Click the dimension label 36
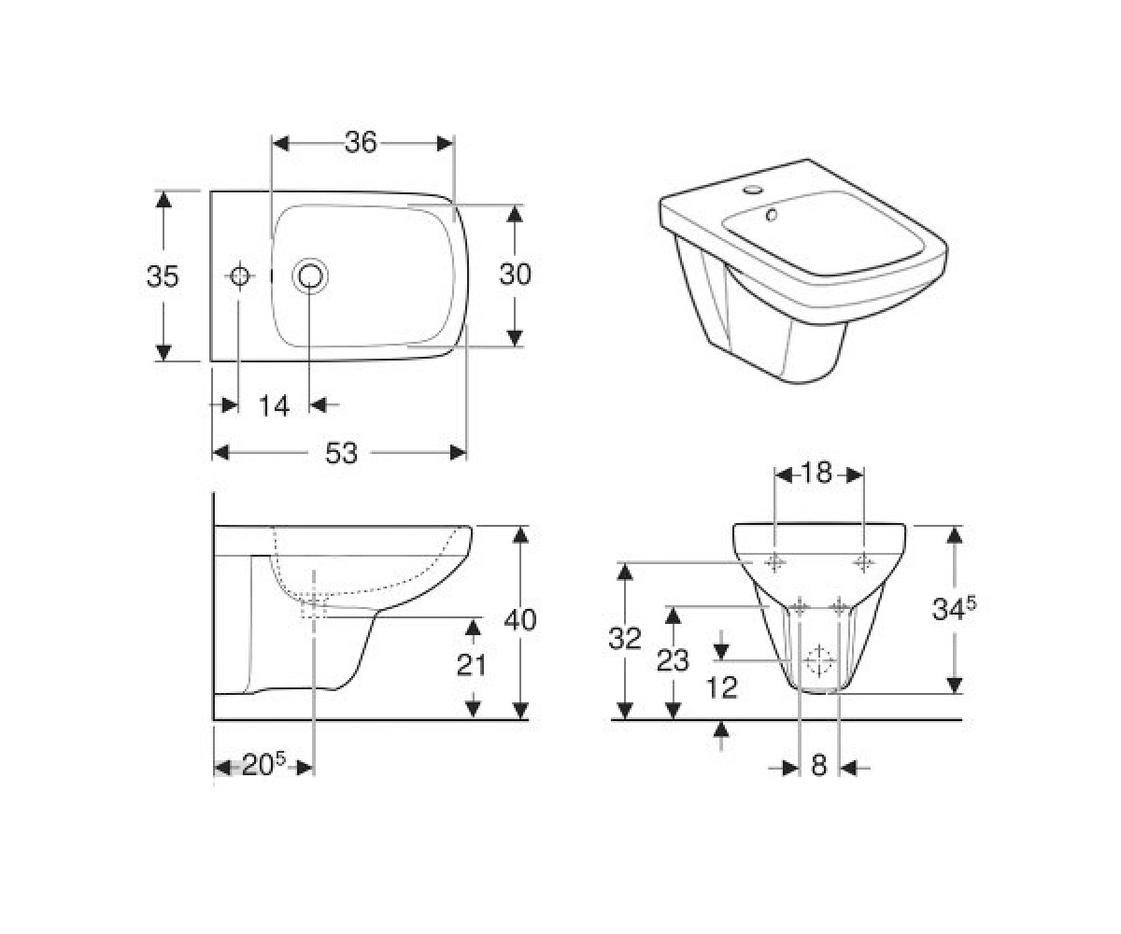click(x=361, y=143)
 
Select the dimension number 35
click(x=163, y=276)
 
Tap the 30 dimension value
click(x=515, y=274)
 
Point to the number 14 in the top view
click(x=274, y=405)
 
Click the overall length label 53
click(x=341, y=453)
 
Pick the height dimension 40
click(x=519, y=620)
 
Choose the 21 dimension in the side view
click(x=472, y=665)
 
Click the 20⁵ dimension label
click(x=264, y=764)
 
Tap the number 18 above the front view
click(x=816, y=473)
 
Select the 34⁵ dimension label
click(x=954, y=609)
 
